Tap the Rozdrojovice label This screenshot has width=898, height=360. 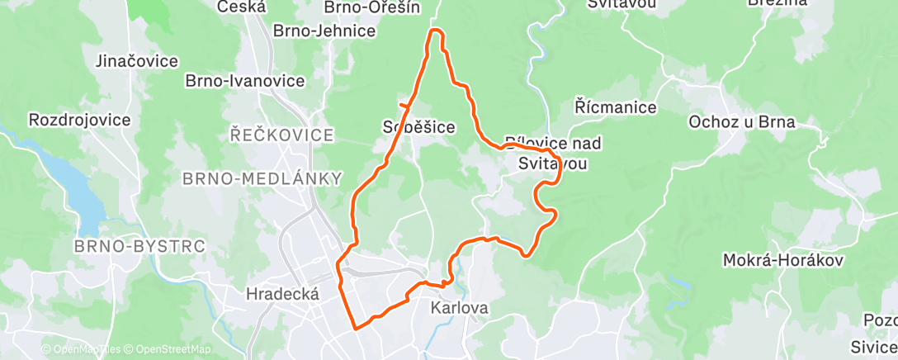click(79, 120)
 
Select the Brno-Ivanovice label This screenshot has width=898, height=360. click(245, 81)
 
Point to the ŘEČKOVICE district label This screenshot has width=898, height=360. click(282, 135)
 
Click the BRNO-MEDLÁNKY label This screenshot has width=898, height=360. click(262, 178)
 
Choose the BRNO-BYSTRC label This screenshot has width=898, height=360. click(139, 246)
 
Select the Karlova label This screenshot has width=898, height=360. click(460, 308)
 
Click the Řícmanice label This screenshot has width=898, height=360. click(616, 107)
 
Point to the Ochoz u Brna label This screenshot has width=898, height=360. click(742, 122)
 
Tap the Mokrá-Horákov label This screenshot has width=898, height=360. click(782, 260)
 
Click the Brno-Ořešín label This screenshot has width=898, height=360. click(372, 7)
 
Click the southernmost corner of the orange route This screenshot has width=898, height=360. click(356, 328)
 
